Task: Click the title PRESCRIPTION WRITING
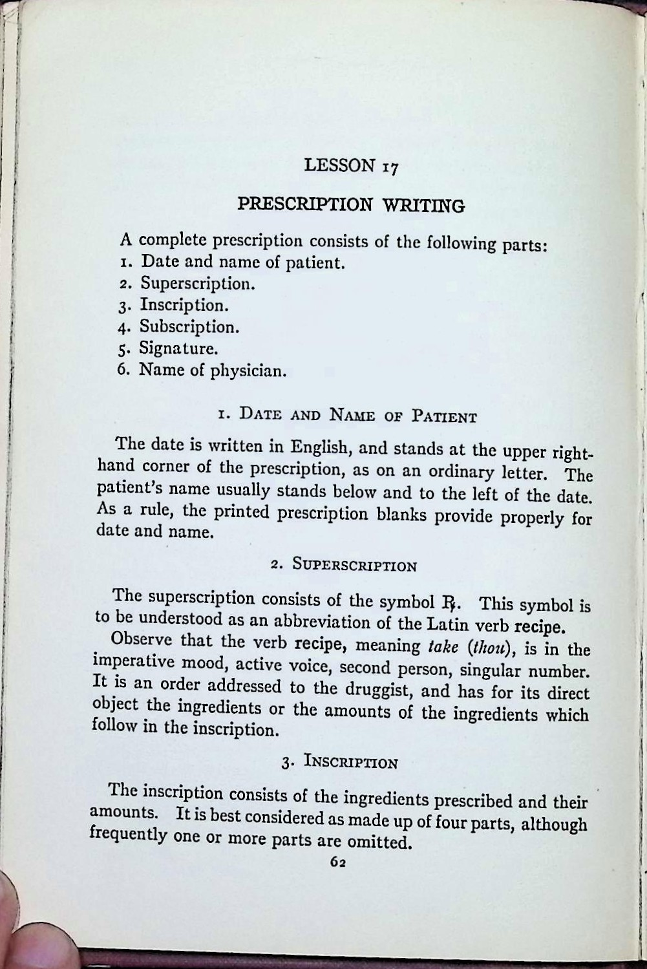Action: tap(351, 204)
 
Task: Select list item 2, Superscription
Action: tap(186, 283)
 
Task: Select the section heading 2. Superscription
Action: tap(344, 565)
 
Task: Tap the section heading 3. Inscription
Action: tap(339, 761)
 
